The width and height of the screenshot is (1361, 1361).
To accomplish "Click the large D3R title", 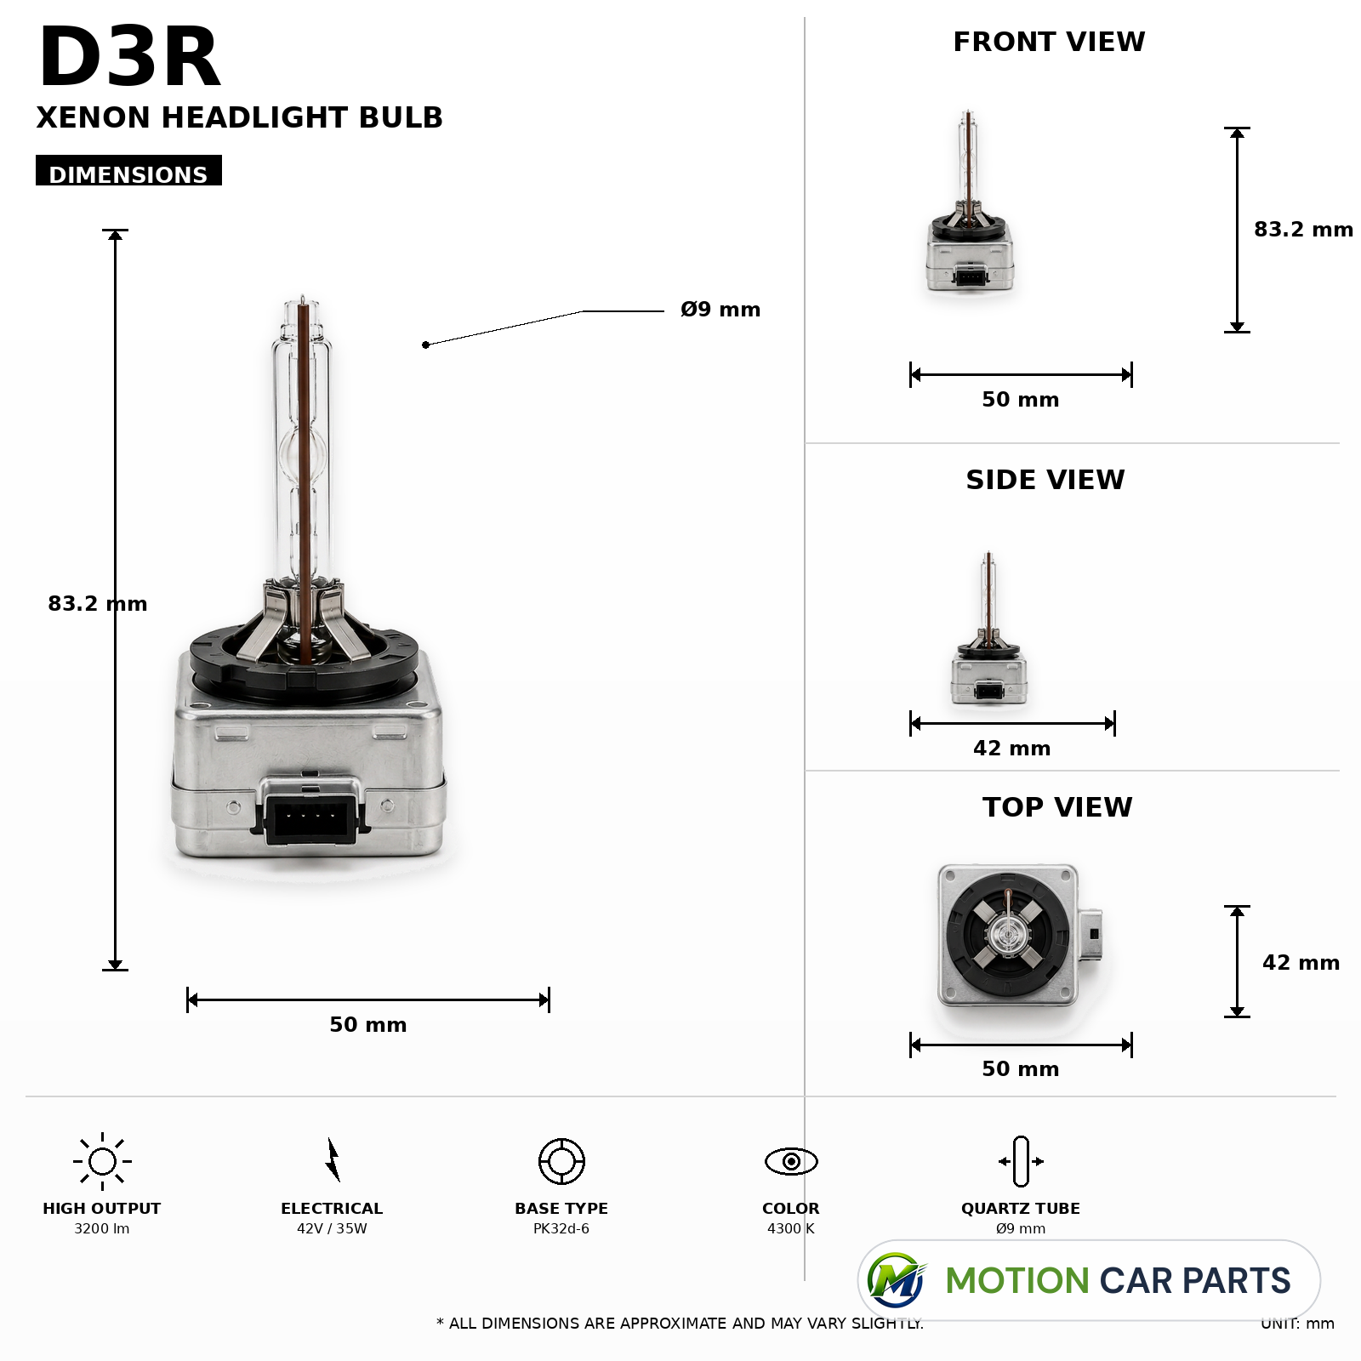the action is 129,58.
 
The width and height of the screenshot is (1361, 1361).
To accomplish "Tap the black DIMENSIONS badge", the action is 128,170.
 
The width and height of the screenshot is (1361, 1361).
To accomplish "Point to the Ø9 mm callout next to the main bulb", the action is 720,310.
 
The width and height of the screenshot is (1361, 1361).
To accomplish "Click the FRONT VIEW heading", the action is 1049,42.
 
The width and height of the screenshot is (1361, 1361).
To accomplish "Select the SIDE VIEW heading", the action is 1045,480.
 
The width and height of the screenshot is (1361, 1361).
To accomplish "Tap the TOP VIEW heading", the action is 1057,807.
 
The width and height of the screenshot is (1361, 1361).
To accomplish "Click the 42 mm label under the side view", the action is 1012,749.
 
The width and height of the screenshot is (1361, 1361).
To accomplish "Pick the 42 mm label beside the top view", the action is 1301,963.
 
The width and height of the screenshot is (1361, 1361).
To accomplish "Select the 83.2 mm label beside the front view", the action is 1303,230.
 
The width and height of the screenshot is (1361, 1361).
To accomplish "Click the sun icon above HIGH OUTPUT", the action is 102,1161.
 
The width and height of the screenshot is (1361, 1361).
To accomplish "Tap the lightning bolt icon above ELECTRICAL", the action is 333,1159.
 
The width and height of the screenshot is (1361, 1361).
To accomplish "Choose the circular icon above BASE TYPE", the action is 561,1161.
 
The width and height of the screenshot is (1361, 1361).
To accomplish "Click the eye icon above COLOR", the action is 791,1161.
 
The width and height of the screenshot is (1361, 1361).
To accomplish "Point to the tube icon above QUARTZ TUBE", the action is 1021,1161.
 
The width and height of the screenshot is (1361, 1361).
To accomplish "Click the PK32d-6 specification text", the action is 561,1228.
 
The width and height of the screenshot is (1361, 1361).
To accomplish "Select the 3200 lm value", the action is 102,1228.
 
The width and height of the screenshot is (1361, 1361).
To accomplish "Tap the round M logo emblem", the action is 896,1280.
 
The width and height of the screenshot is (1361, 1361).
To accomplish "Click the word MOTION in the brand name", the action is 1017,1281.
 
